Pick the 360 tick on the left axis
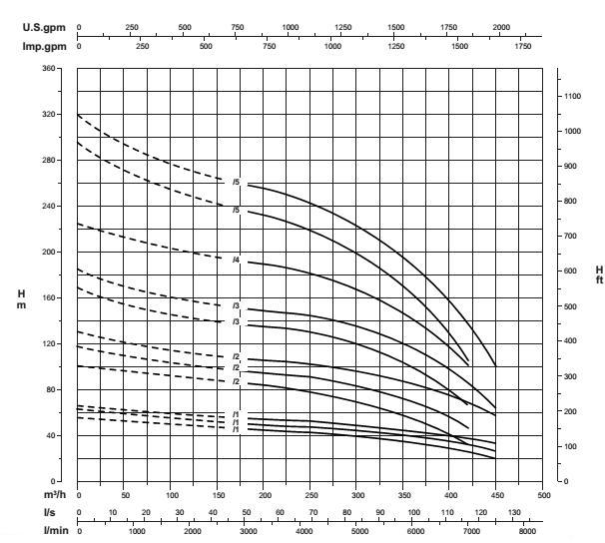tap(49, 68)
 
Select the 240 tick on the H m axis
tap(49, 206)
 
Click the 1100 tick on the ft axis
tap(572, 96)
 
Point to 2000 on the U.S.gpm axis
tap(501, 29)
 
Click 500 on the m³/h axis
tap(544, 495)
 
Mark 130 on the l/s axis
tap(515, 512)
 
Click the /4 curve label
tap(237, 260)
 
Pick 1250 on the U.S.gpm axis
tap(342, 29)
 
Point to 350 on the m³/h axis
tap(404, 495)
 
